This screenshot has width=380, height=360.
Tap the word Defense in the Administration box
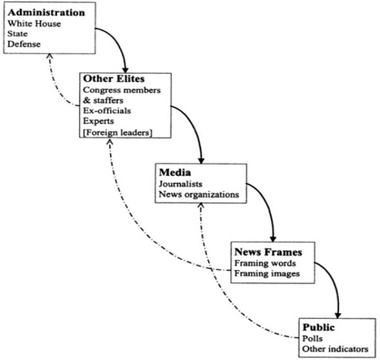[24, 44]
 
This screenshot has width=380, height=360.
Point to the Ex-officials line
[106, 111]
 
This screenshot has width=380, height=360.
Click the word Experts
[99, 121]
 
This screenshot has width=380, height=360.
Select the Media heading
[175, 171]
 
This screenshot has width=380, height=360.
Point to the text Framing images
[266, 273]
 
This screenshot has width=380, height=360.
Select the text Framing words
[264, 263]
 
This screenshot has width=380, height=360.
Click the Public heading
[317, 328]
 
